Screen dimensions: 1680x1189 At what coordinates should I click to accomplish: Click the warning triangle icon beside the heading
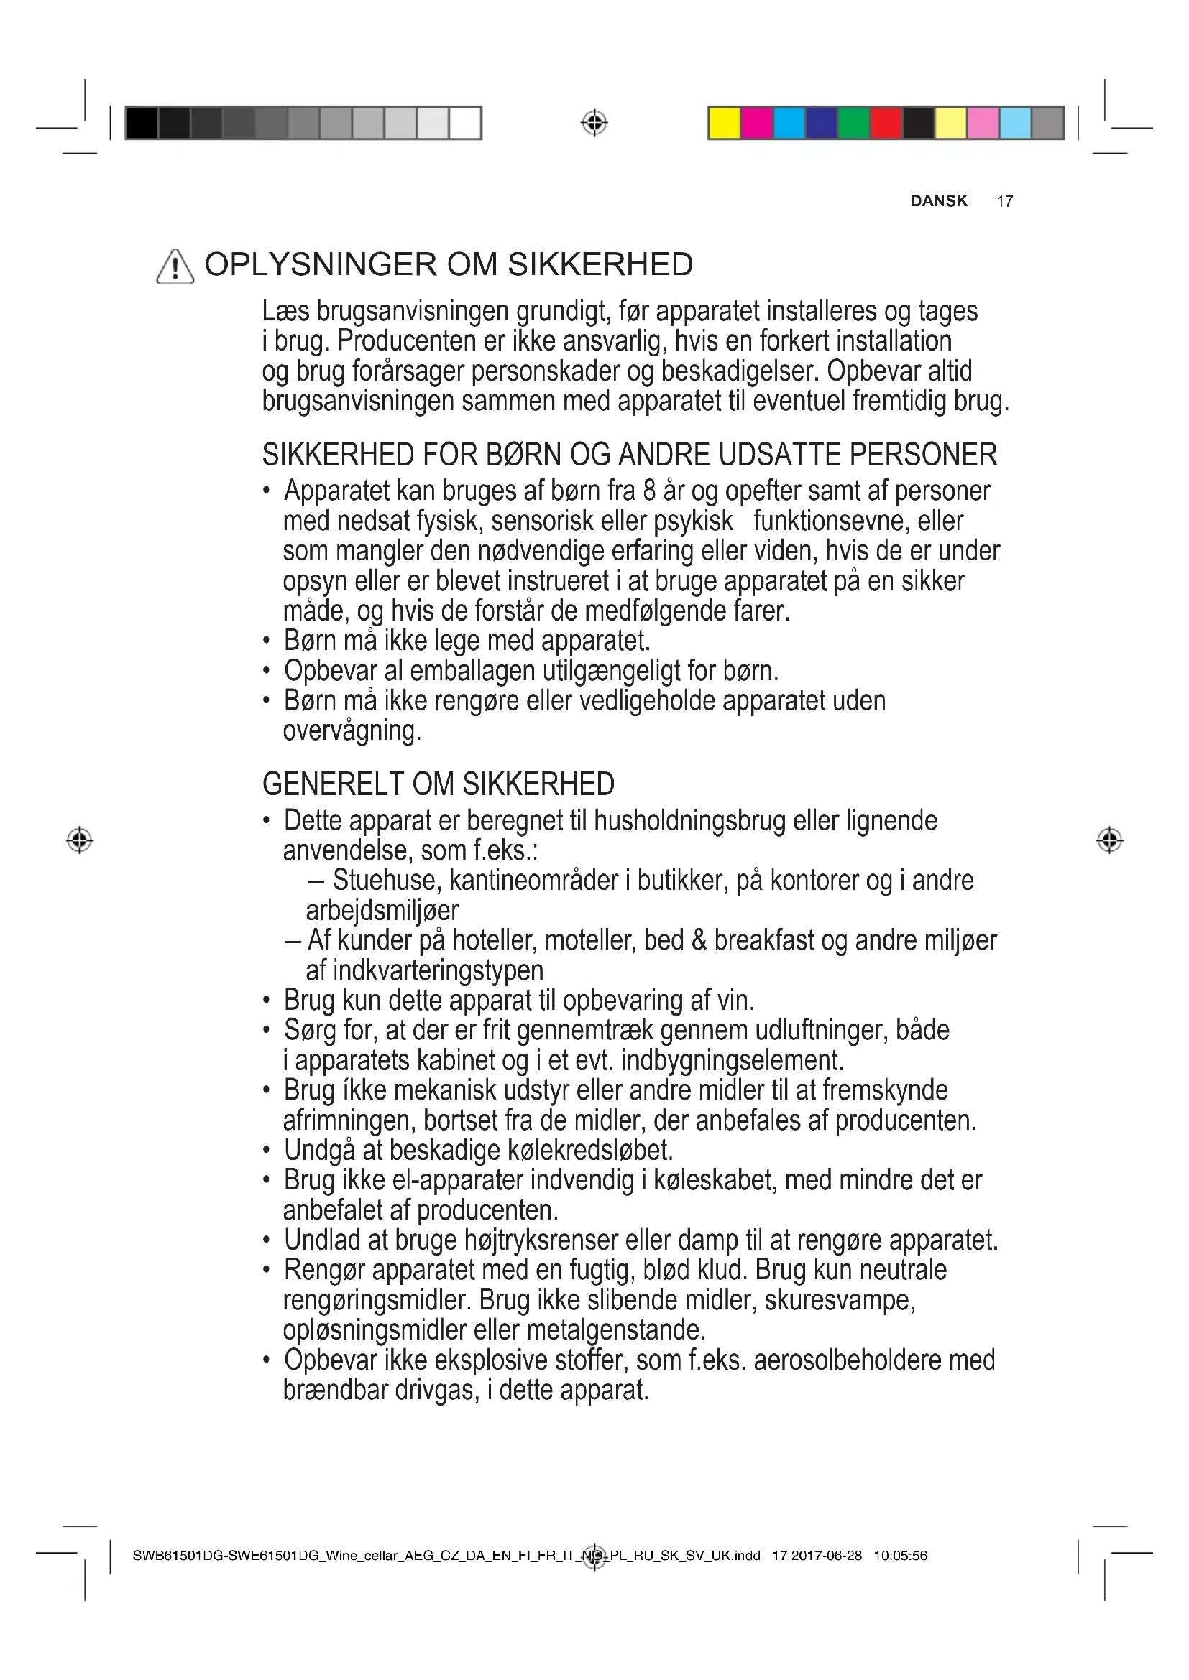[x=175, y=266]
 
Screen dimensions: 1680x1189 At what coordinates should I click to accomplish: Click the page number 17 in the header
[x=1004, y=201]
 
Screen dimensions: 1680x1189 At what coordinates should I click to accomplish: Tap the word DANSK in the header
[x=939, y=201]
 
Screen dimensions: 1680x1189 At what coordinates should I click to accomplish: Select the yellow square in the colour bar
[x=724, y=123]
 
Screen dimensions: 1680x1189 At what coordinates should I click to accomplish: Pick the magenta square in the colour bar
[x=757, y=123]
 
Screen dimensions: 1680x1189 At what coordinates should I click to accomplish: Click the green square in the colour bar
[x=854, y=123]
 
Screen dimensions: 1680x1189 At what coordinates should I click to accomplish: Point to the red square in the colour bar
[x=886, y=123]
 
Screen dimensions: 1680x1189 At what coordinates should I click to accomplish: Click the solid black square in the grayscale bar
[x=142, y=123]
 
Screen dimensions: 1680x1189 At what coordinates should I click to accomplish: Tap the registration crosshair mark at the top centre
[x=594, y=123]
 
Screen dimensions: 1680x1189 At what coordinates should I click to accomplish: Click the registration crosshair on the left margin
[x=80, y=840]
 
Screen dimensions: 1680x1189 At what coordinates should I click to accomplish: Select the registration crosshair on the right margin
[x=1110, y=840]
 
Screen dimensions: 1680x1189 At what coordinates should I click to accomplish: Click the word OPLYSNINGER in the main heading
[x=320, y=265]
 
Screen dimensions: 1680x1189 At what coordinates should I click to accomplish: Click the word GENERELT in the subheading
[x=333, y=784]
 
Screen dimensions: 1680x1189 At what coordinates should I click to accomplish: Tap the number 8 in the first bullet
[x=648, y=491]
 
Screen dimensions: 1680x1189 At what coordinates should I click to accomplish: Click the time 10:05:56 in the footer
[x=900, y=1556]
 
